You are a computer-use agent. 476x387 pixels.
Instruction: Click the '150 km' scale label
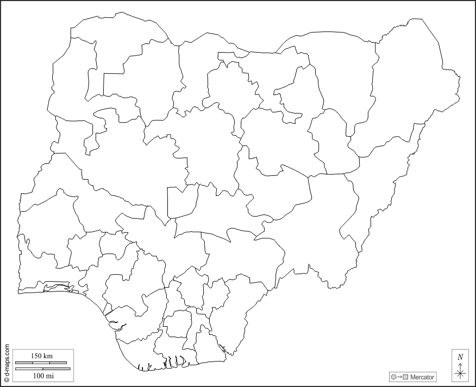[x=42, y=356]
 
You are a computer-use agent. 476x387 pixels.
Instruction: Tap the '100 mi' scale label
[x=43, y=375]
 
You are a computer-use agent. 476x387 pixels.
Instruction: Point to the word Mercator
[x=422, y=377]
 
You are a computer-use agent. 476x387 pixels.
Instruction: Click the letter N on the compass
[x=460, y=357]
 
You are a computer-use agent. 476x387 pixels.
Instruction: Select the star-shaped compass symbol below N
[x=460, y=372]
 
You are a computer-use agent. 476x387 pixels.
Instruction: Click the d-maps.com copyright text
[x=7, y=363]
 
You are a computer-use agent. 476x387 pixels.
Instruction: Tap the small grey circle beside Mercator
[x=393, y=377]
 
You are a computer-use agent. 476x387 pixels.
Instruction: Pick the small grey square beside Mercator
[x=405, y=377]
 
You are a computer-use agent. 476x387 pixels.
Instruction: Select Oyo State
[x=49, y=217]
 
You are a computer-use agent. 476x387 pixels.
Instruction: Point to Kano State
[x=228, y=87]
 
